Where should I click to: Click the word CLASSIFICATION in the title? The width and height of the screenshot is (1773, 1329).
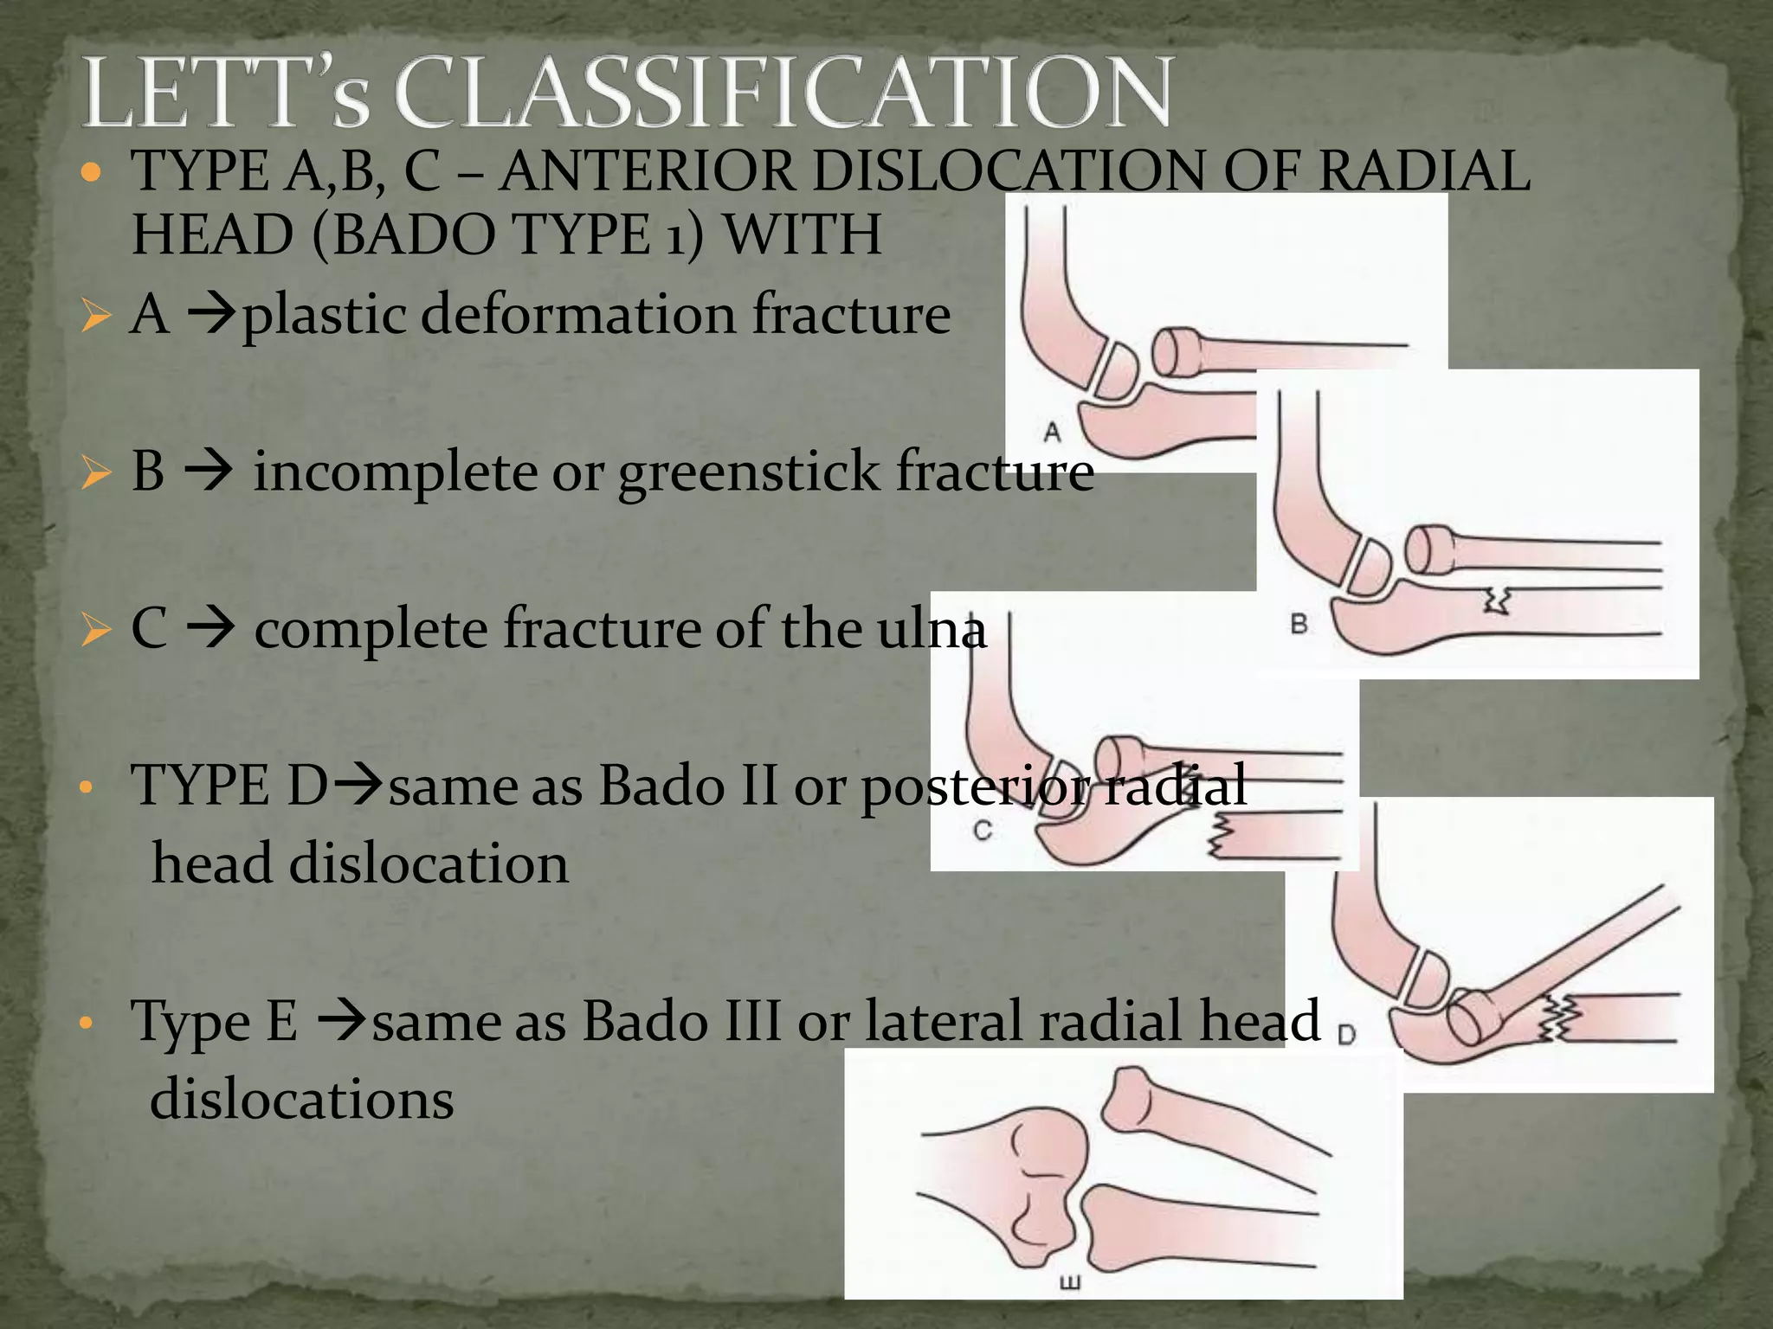click(x=783, y=93)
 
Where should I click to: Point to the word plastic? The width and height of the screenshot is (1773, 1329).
click(x=324, y=315)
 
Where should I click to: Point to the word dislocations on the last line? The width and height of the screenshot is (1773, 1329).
click(x=301, y=1100)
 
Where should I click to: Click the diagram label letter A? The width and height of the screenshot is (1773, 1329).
click(x=1052, y=432)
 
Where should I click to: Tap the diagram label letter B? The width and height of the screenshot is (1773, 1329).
click(x=1299, y=623)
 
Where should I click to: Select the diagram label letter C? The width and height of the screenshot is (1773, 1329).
click(x=983, y=831)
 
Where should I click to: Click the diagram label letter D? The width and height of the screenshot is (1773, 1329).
click(x=1346, y=1034)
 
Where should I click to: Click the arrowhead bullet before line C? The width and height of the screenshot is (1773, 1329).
click(x=94, y=630)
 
